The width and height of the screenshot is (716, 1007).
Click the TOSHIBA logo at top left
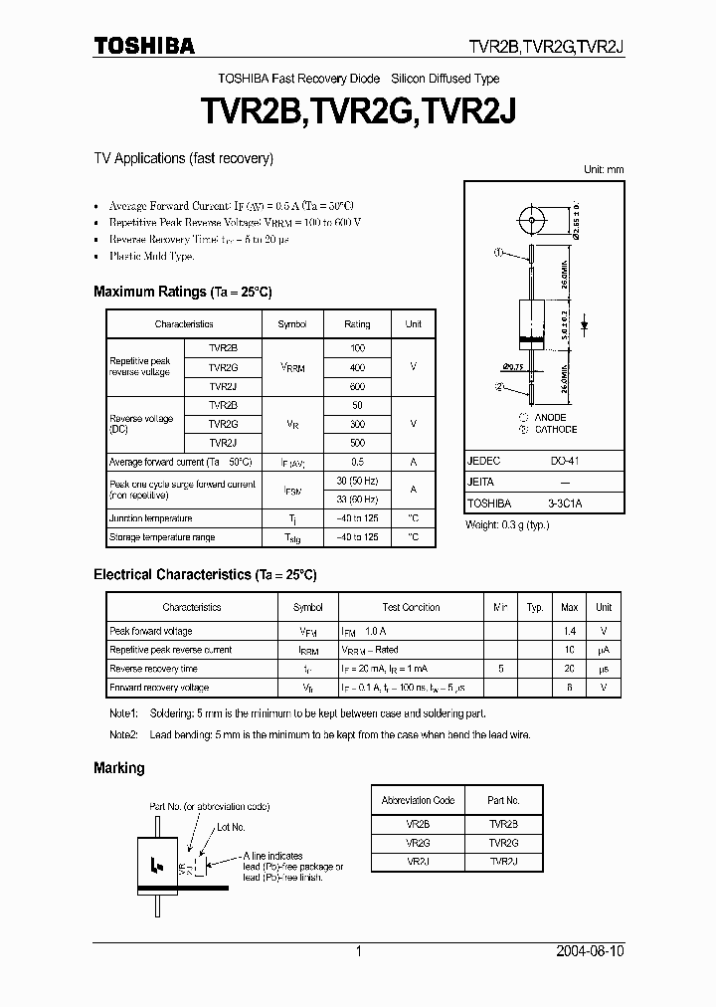144,46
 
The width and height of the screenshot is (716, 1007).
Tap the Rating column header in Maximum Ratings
357,324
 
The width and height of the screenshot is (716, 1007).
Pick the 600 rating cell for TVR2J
357,386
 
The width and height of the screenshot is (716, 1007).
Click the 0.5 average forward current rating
357,462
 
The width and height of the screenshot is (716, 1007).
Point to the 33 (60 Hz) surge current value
357,499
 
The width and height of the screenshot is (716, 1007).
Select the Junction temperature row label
150,518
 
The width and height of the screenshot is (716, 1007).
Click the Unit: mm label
603,170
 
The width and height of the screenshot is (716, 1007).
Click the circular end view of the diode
534,220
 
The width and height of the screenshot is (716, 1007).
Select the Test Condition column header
411,607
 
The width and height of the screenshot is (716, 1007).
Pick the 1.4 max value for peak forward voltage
570,631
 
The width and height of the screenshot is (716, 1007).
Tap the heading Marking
118,768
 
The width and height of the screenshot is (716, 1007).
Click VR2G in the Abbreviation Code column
418,842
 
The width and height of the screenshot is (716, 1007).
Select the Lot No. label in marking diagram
231,827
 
